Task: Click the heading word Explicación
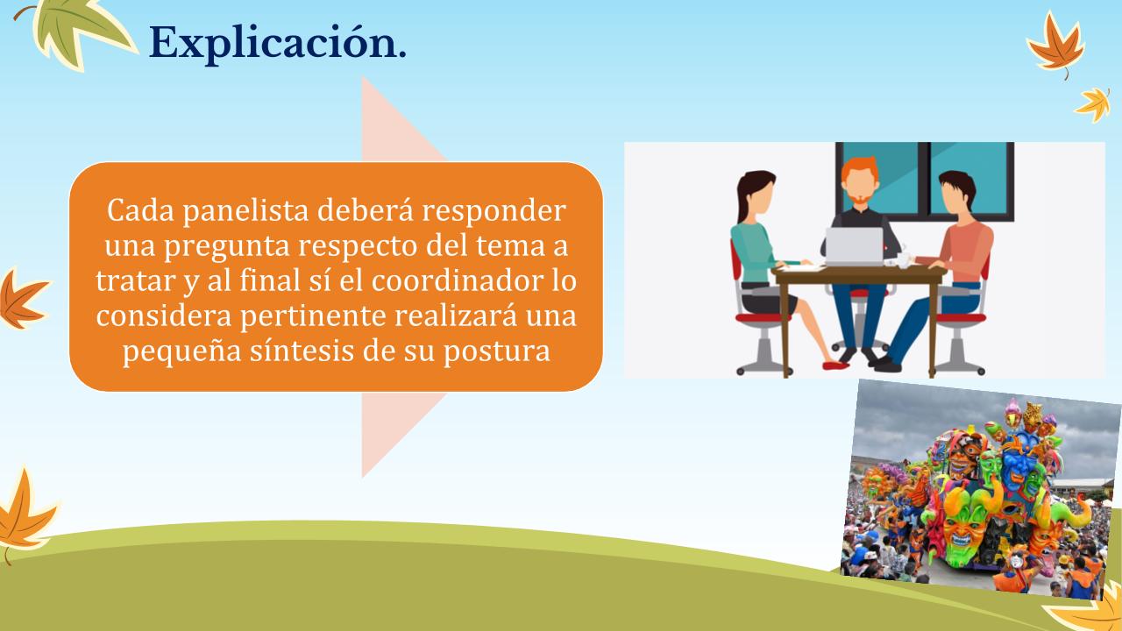(x=278, y=44)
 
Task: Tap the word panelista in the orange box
(x=245, y=211)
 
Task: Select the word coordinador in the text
(x=458, y=280)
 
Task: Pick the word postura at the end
(x=496, y=351)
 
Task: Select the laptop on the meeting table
(x=854, y=246)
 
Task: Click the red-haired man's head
(x=860, y=181)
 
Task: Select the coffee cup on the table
(x=903, y=259)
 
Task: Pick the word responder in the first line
(x=494, y=211)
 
